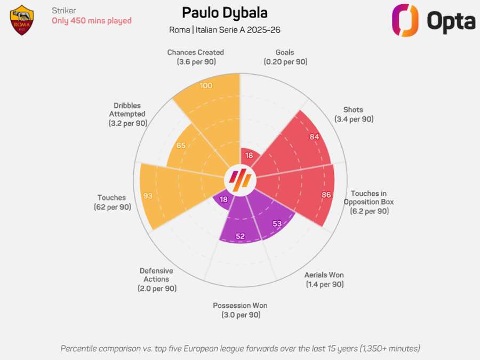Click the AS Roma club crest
[22, 20]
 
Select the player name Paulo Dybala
[225, 13]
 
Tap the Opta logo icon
[405, 20]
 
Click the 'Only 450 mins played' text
[91, 21]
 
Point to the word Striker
[63, 11]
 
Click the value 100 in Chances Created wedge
[206, 86]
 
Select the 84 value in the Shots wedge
[314, 137]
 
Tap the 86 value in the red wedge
[326, 195]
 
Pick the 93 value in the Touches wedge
[148, 196]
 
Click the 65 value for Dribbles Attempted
[181, 146]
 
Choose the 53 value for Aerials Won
[277, 223]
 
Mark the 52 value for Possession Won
[240, 236]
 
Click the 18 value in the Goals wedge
[249, 156]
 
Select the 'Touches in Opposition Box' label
[369, 202]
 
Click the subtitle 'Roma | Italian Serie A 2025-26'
[225, 30]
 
